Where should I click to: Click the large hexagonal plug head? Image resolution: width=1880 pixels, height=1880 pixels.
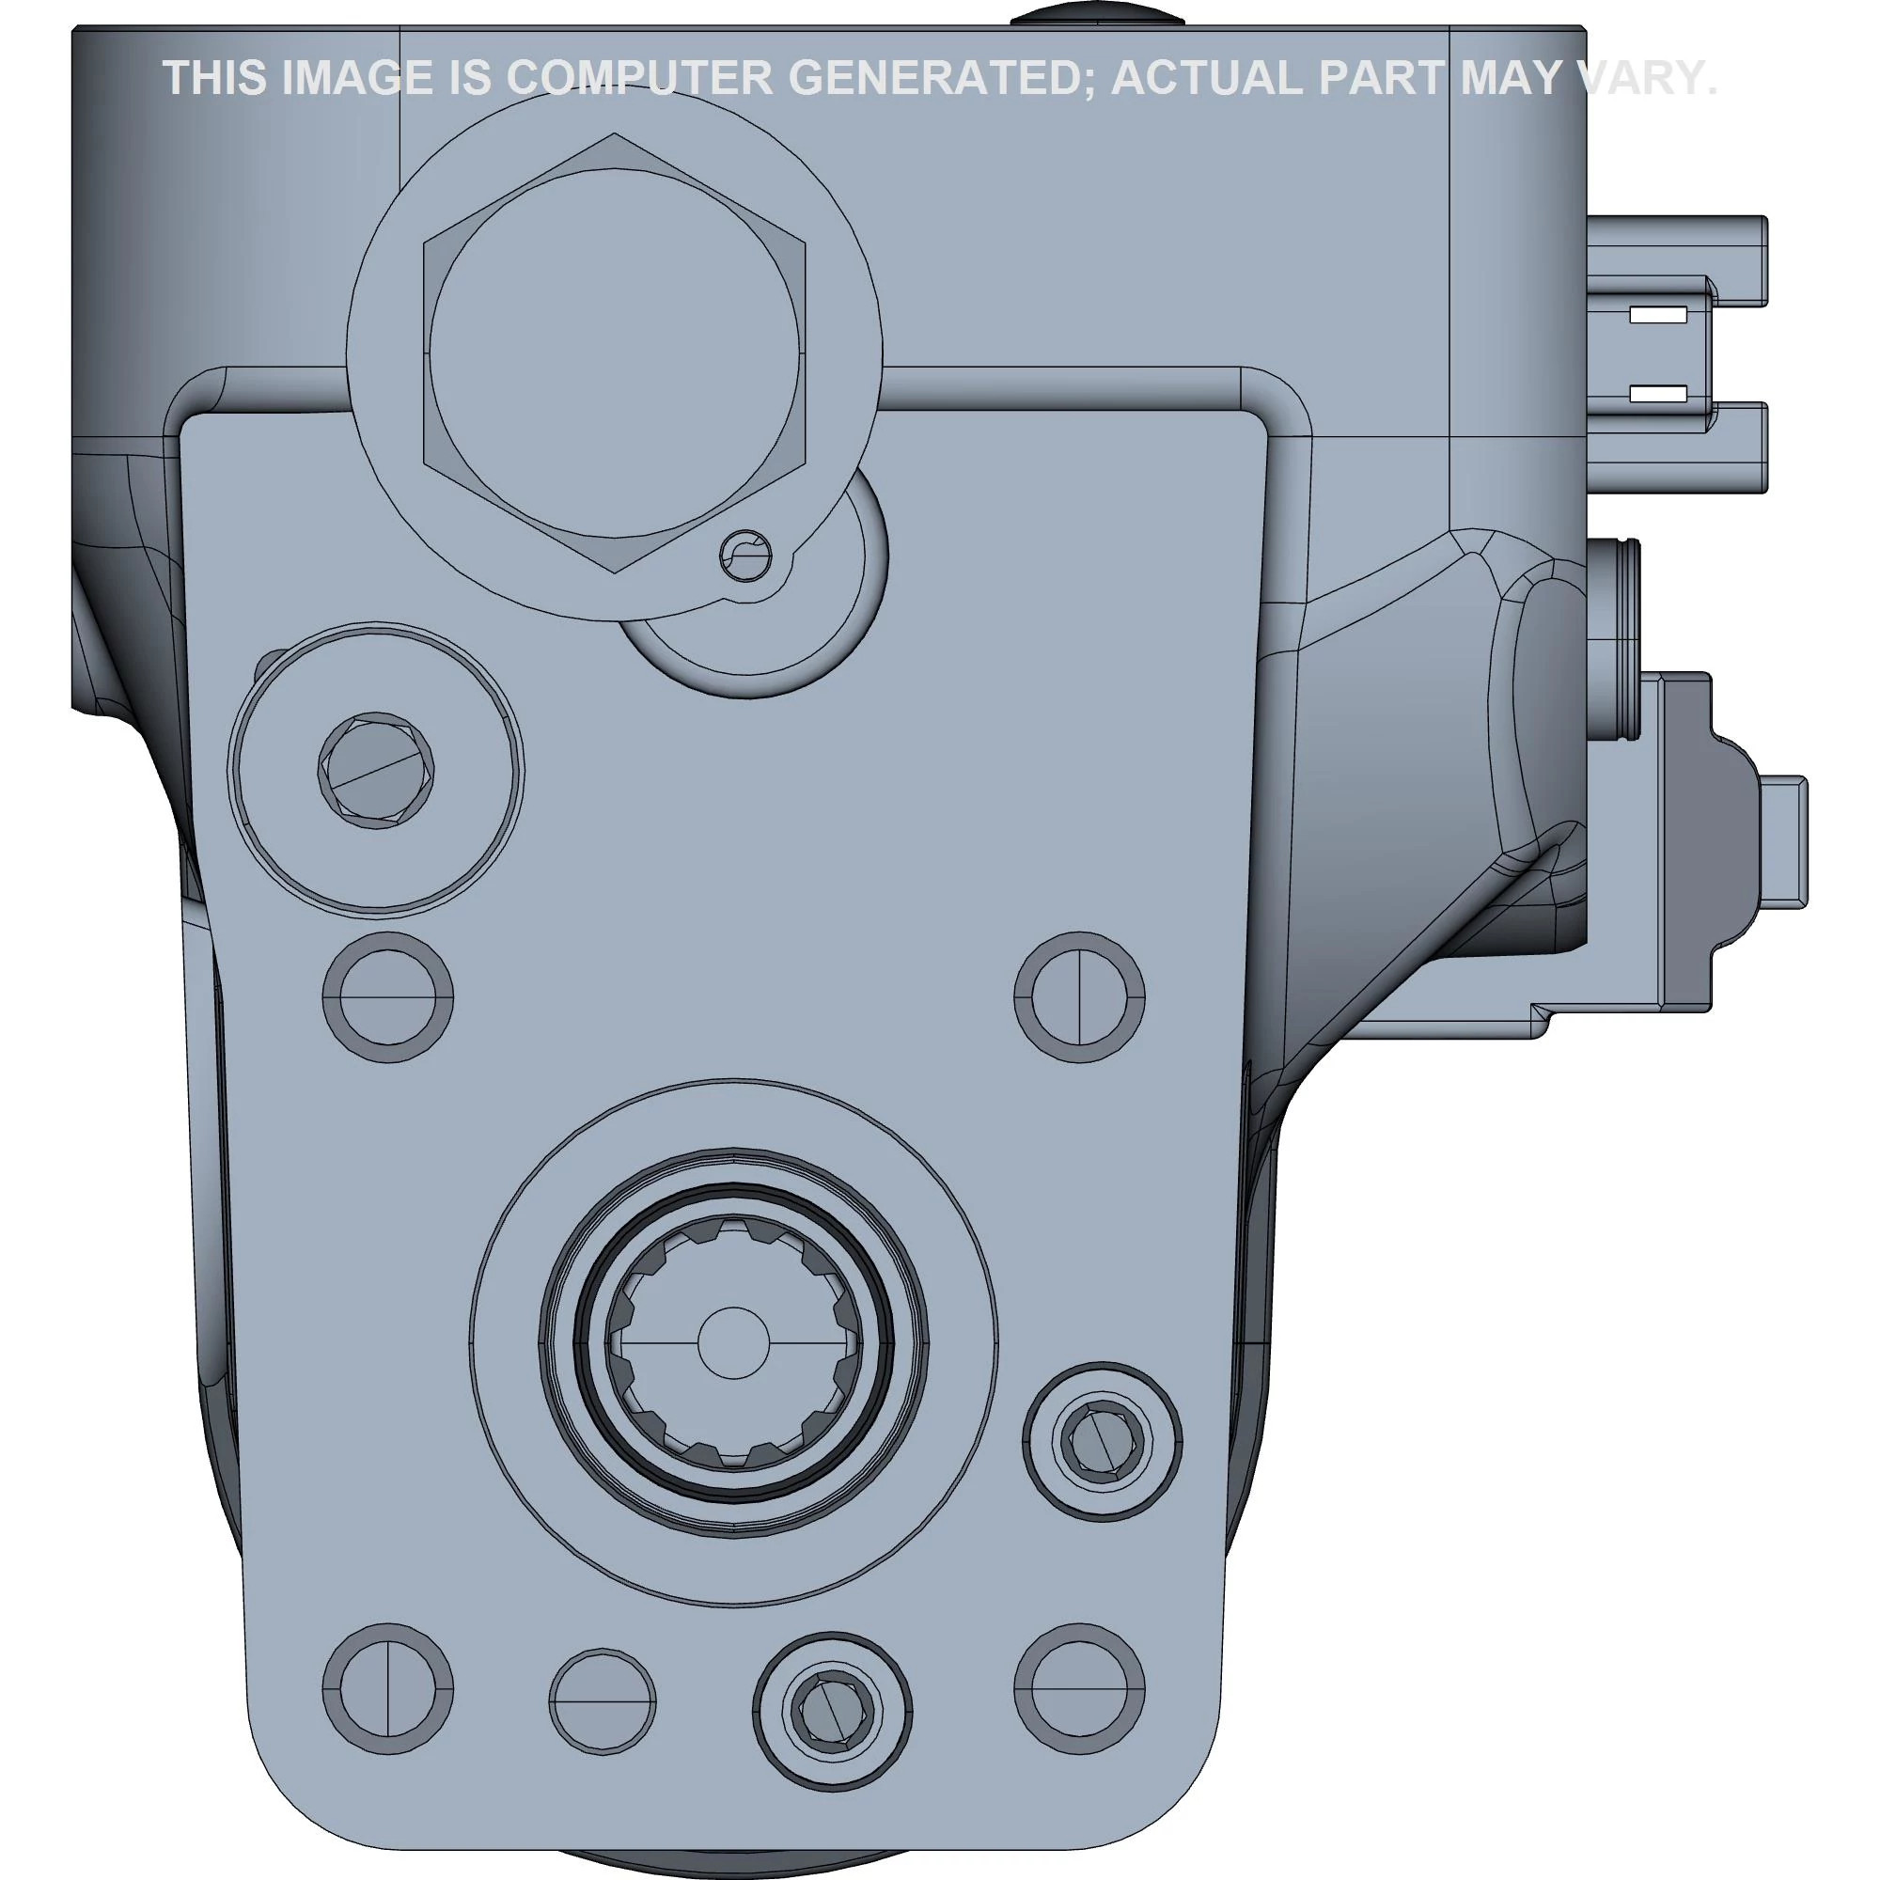point(614,352)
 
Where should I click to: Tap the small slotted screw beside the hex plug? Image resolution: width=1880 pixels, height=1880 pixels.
point(746,556)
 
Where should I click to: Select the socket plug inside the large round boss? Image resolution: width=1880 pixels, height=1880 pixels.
point(376,772)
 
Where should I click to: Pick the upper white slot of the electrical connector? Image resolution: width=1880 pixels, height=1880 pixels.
point(1659,315)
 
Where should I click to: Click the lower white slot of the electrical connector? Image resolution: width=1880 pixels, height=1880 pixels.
point(1659,394)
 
